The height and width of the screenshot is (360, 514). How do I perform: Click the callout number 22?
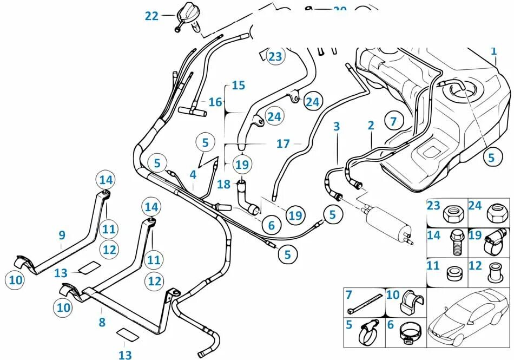[x=151, y=16]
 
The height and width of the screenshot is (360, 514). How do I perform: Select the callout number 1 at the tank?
[x=493, y=51]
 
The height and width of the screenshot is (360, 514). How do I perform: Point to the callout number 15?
[x=238, y=85]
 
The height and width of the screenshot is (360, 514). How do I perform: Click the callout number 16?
[x=215, y=101]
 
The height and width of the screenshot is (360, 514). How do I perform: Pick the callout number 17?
[x=283, y=143]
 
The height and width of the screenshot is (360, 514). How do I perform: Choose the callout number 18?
[x=224, y=185]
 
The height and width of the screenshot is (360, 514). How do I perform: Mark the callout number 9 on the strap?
[x=62, y=235]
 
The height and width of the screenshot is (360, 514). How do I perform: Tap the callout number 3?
[x=337, y=127]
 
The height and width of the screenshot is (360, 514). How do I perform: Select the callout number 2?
[x=371, y=126]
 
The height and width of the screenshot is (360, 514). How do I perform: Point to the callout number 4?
[x=193, y=175]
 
